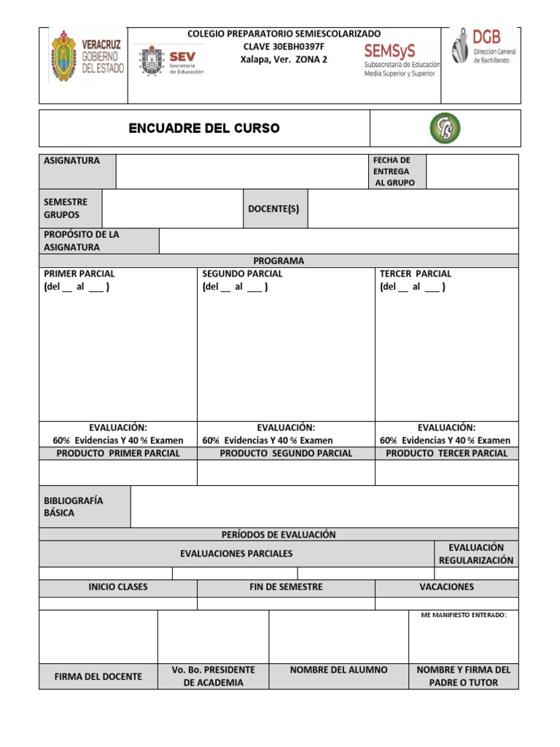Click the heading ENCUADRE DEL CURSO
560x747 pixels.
203,128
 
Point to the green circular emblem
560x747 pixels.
445,128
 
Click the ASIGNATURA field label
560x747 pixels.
72,160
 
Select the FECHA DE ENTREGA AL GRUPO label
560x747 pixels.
394,171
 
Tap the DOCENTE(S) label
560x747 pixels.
273,209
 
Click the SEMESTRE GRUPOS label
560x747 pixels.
66,209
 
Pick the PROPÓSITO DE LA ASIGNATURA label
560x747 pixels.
81,241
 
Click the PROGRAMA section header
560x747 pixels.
279,260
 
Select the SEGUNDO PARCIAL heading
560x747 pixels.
242,274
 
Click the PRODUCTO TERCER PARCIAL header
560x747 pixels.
446,453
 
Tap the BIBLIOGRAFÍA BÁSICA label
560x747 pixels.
74,506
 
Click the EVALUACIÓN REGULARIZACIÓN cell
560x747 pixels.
476,554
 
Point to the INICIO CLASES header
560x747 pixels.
117,587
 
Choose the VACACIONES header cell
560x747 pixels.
446,587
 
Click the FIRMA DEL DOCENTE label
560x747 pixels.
98,676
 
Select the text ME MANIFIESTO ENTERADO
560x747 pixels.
464,615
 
